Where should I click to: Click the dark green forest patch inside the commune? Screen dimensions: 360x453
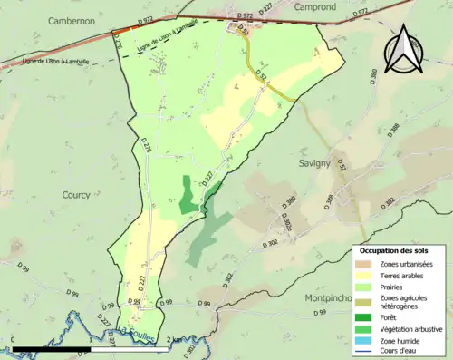[x=188, y=196]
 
